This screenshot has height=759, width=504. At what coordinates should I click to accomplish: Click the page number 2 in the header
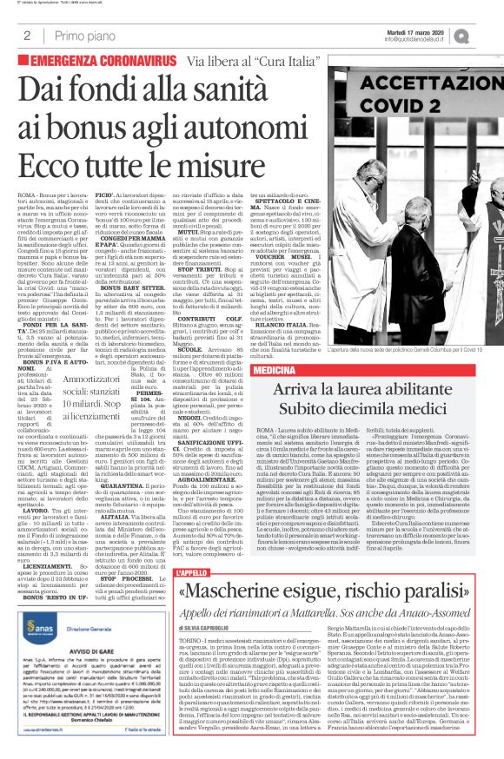[28, 36]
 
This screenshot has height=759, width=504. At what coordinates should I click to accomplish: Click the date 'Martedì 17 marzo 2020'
[434, 30]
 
